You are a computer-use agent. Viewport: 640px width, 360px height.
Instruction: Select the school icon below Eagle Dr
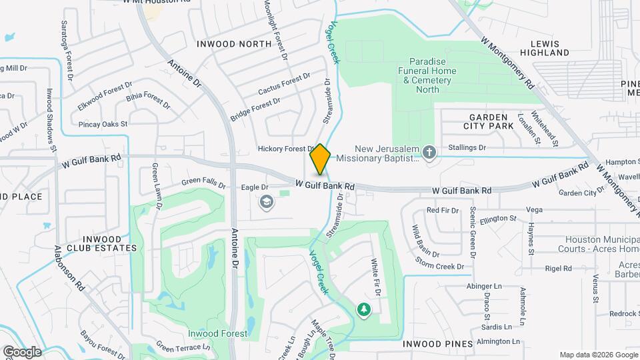click(267, 202)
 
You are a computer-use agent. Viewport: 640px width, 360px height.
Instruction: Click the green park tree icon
click(363, 309)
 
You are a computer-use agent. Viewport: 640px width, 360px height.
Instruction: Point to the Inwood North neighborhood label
click(234, 44)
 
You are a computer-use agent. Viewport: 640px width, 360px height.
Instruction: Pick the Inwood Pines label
click(438, 344)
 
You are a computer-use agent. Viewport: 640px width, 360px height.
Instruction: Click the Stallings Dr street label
click(467, 147)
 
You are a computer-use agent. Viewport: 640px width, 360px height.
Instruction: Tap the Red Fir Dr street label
click(443, 211)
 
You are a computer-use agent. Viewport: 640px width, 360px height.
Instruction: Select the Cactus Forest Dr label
click(284, 85)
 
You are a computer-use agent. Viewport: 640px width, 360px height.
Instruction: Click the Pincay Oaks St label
click(103, 123)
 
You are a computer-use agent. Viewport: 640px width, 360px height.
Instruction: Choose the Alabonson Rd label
click(69, 267)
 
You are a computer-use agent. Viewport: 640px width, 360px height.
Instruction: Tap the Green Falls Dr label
click(203, 181)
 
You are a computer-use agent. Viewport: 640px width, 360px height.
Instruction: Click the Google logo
click(22, 351)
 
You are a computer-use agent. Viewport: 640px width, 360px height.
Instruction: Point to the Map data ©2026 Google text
click(598, 355)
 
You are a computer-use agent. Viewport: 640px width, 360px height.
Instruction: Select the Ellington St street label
click(498, 218)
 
